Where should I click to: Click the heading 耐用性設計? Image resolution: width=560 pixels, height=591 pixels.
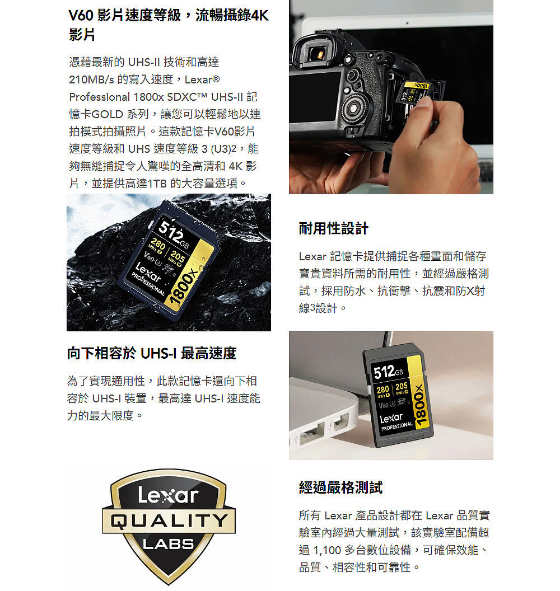click(x=333, y=228)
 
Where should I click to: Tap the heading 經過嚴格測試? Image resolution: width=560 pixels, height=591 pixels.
click(x=340, y=487)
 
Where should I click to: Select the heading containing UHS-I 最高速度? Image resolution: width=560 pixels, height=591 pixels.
click(x=152, y=353)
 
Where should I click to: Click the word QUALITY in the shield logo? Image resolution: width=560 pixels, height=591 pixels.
click(x=169, y=521)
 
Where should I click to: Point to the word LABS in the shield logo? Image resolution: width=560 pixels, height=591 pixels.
click(x=168, y=543)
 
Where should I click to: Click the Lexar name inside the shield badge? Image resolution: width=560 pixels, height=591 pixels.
click(x=168, y=495)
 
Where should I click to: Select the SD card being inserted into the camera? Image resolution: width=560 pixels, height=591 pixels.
click(x=416, y=93)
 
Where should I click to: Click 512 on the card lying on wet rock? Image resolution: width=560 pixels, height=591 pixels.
click(x=170, y=232)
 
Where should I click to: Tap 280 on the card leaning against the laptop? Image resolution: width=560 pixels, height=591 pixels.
click(x=383, y=390)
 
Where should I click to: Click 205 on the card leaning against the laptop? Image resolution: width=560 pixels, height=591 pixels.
click(x=401, y=386)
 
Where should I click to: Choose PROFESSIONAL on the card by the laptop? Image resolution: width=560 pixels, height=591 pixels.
click(x=396, y=426)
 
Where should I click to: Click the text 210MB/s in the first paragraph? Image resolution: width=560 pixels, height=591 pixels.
click(x=91, y=79)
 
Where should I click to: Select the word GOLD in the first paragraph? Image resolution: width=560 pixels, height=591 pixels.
click(x=108, y=114)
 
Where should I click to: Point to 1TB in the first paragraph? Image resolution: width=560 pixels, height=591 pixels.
click(x=157, y=184)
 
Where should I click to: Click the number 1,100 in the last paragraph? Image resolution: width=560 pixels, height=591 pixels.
click(x=327, y=550)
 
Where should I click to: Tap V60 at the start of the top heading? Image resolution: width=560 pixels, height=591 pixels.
click(x=81, y=16)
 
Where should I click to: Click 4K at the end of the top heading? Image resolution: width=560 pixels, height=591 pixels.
click(x=260, y=16)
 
